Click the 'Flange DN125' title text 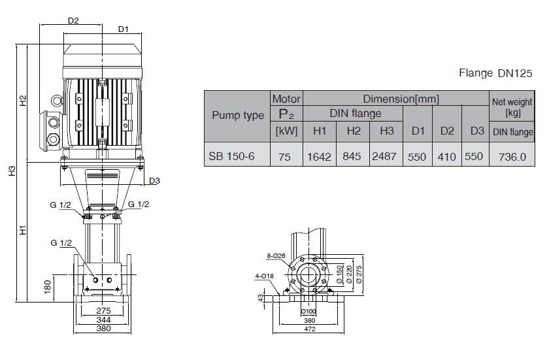(496, 73)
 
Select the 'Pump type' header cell (238, 116)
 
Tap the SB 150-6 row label (231, 157)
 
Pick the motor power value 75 (286, 157)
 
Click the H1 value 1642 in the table (320, 157)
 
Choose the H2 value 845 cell (354, 157)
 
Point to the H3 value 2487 (386, 157)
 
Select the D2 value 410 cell (447, 157)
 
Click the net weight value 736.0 (512, 157)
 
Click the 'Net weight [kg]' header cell (512, 107)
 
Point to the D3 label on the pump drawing (155, 181)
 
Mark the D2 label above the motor (73, 20)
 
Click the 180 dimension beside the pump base (46, 287)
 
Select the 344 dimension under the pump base (103, 320)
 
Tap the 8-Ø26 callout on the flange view (276, 255)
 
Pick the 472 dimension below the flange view (310, 329)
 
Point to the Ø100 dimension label (310, 312)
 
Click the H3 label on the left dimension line (12, 171)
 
